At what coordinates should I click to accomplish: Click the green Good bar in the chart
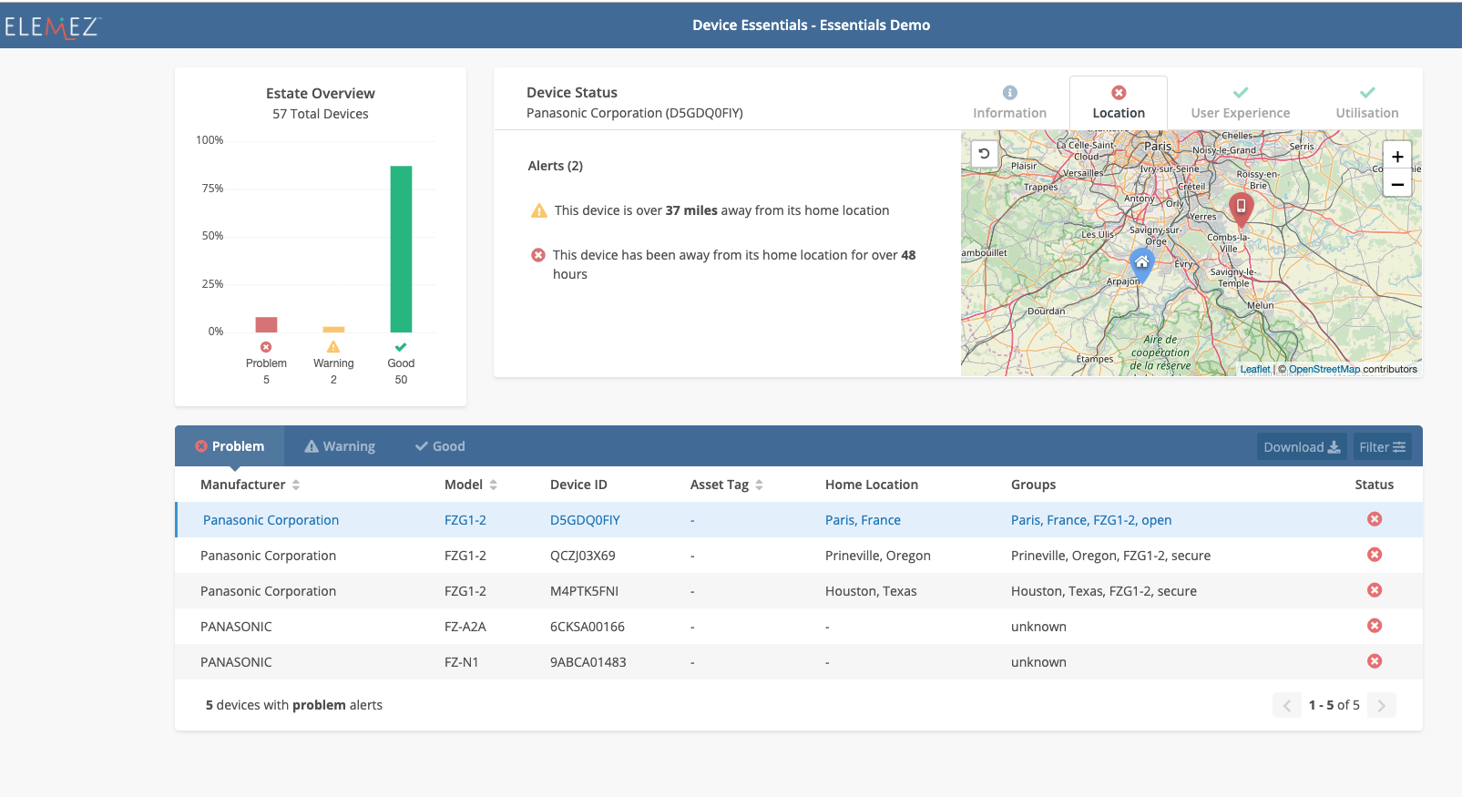click(401, 249)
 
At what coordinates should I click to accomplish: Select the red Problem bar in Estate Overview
click(266, 324)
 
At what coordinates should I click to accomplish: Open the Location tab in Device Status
click(1118, 103)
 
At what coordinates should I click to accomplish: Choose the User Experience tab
click(1240, 103)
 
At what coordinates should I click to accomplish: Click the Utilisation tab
click(1366, 103)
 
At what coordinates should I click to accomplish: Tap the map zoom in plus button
click(1396, 157)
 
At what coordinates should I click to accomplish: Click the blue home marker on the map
click(1141, 262)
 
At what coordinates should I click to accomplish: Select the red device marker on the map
click(1240, 208)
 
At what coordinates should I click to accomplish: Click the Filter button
click(1382, 446)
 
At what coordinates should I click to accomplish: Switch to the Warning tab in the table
click(340, 446)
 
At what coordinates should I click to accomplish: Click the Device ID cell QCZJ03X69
click(582, 556)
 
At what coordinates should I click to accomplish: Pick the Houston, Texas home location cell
click(871, 591)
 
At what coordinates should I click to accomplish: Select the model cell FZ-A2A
click(465, 627)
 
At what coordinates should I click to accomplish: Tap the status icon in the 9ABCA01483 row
click(1375, 661)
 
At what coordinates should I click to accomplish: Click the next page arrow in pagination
click(1381, 705)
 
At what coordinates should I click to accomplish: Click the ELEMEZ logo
click(52, 27)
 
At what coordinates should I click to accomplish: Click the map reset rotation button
click(984, 154)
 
